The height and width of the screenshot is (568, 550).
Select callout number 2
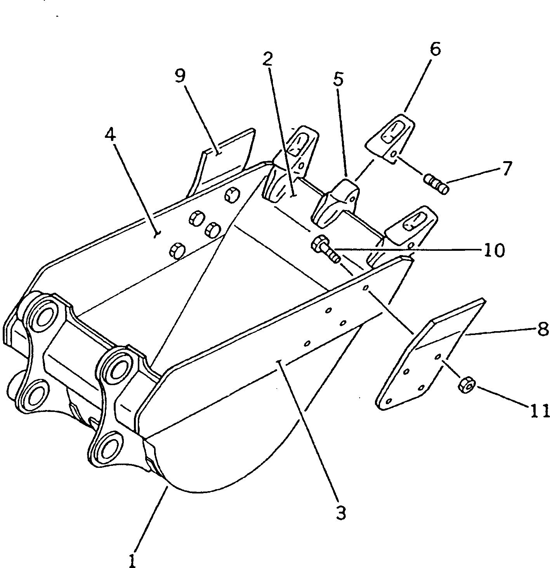tap(267, 59)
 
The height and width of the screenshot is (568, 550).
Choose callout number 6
tap(435, 49)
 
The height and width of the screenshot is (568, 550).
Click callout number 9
tap(180, 76)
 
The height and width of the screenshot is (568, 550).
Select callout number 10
tap(493, 250)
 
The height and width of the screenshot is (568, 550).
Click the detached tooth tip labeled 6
tap(392, 138)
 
